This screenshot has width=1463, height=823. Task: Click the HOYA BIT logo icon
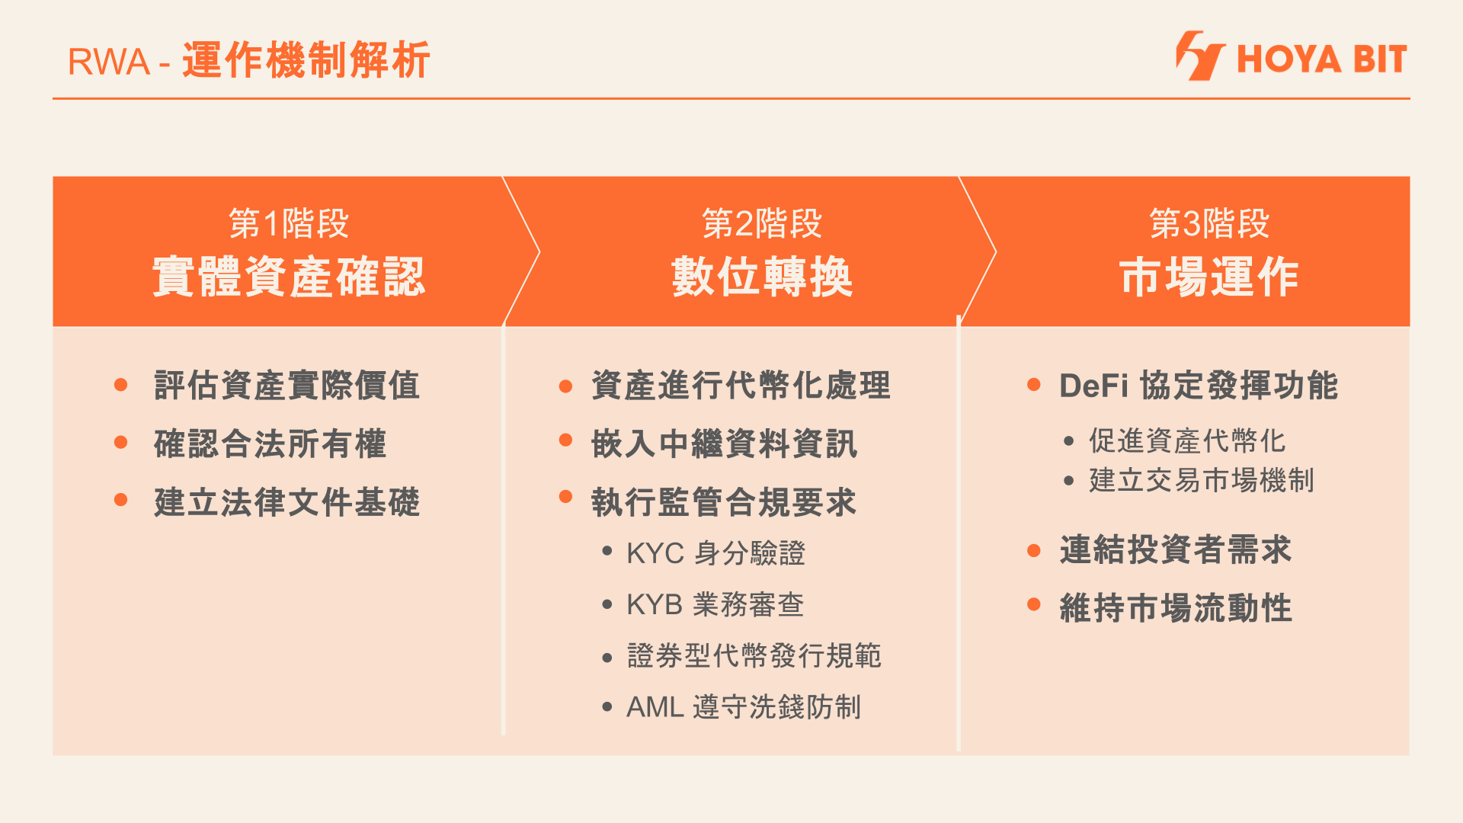point(1199,56)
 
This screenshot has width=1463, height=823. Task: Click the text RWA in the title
point(108,62)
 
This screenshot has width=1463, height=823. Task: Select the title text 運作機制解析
point(306,60)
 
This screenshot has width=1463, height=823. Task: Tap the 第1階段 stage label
point(289,223)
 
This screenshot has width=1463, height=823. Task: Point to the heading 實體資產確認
point(289,277)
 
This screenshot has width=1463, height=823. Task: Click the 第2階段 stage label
point(761,223)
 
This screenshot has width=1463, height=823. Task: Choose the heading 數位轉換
point(761,277)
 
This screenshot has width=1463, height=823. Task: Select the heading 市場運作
point(1209,277)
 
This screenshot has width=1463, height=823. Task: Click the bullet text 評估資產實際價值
point(287,386)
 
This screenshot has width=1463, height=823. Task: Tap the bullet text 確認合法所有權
point(270,444)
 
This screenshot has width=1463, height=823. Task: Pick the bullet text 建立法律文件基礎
point(287,503)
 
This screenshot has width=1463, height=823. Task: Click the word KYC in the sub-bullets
point(655,554)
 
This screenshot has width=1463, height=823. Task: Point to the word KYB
point(654,605)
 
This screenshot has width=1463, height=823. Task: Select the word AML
point(655,708)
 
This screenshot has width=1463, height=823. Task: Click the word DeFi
point(1093,386)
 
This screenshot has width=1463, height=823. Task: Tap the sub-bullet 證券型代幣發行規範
point(754,656)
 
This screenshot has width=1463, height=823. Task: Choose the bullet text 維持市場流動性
point(1176,609)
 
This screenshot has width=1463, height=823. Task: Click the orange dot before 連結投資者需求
point(1034,550)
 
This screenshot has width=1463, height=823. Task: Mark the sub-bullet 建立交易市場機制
point(1202,481)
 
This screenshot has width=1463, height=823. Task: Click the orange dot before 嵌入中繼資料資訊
point(565,440)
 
